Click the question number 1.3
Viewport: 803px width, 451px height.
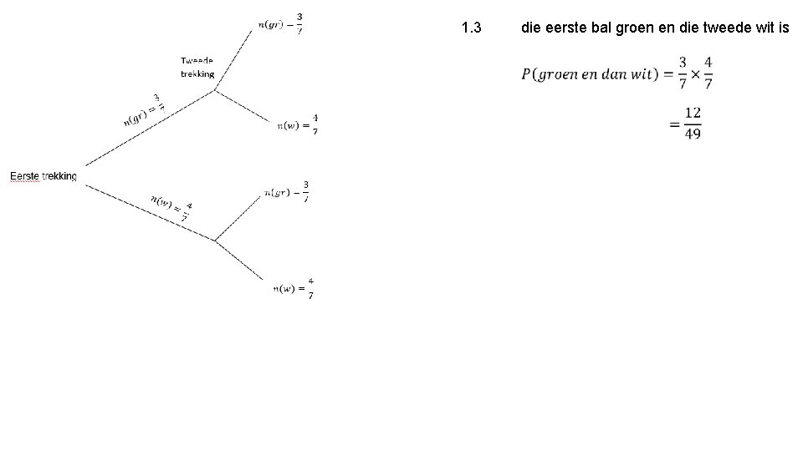point(471,28)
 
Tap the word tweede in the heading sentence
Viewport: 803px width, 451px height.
point(716,28)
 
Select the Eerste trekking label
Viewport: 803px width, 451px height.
point(43,176)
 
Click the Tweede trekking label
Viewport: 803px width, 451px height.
point(197,67)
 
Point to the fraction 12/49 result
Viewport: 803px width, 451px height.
point(693,123)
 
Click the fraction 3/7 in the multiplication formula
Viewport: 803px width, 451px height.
point(683,73)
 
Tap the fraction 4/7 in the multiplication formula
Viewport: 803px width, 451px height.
point(708,73)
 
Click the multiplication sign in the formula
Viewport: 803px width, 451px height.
point(695,73)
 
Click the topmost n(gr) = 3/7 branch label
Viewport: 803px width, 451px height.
point(281,24)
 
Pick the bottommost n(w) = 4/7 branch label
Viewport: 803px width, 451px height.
point(294,289)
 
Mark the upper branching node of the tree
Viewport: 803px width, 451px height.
point(215,90)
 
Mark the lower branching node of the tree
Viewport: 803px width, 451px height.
point(215,241)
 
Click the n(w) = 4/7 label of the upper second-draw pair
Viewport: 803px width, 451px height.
point(298,125)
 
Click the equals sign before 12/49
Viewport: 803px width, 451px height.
point(674,124)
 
